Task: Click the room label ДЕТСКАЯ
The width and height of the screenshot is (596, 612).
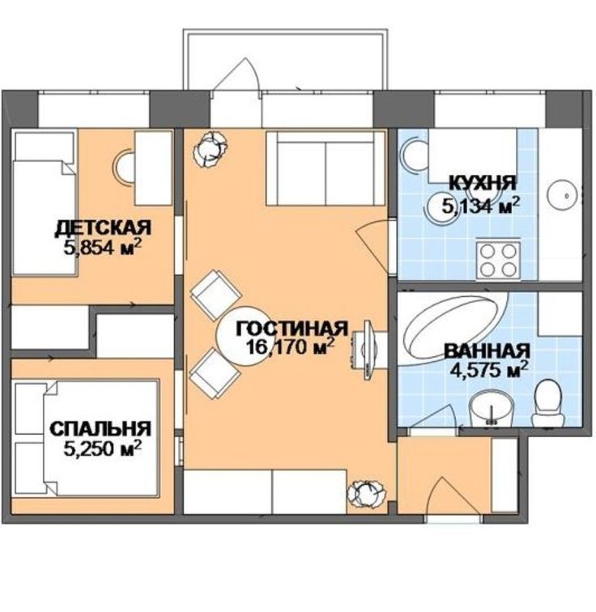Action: [x=102, y=228]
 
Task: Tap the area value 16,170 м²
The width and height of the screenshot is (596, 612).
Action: [x=290, y=346]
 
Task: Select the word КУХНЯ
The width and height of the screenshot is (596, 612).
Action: [x=483, y=183]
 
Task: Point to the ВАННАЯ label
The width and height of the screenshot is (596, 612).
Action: [x=487, y=351]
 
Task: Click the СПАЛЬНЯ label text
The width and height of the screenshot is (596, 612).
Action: [x=100, y=428]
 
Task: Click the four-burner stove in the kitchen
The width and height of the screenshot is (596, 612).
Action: [x=498, y=260]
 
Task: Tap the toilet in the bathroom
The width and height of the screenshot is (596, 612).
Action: [x=549, y=403]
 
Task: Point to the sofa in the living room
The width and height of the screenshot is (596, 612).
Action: [x=326, y=168]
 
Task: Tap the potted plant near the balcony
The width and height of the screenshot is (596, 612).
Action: [x=211, y=149]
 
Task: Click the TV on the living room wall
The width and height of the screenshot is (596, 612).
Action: [x=367, y=350]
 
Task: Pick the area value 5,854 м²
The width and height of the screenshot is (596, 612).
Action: [x=102, y=248]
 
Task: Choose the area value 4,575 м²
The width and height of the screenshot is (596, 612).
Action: [x=489, y=370]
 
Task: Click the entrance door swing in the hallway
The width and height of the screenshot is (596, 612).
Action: [x=441, y=496]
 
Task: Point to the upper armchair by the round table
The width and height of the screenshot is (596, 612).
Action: [x=215, y=295]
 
